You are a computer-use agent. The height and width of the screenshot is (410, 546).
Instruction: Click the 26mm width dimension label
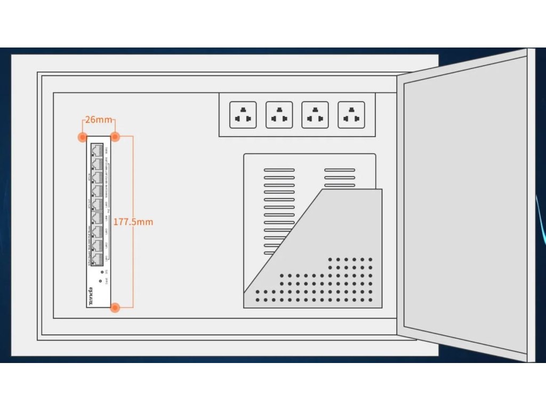coord(99,120)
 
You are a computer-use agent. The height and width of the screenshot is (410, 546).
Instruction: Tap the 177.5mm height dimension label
coord(133,221)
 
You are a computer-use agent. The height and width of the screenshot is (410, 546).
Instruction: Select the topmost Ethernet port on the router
coord(97,150)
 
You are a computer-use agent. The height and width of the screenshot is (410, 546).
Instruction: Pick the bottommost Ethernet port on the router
coord(97,259)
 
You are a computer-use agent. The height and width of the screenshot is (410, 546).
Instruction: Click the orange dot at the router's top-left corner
coord(82,137)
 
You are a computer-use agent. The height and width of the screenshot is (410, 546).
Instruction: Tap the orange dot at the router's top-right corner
coord(115,137)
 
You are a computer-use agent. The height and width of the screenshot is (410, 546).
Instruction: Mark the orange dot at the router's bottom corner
coord(115,307)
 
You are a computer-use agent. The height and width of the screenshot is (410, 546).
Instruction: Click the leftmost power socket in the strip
coord(243,115)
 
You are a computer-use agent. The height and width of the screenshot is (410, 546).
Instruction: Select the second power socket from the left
coord(279,115)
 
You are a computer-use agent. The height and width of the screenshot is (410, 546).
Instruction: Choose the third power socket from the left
coord(315,115)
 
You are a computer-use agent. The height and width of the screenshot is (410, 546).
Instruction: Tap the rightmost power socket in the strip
coord(351,115)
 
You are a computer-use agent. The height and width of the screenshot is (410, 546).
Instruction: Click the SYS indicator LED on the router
coord(101,271)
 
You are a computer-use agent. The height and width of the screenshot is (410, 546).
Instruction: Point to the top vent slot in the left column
coord(279,170)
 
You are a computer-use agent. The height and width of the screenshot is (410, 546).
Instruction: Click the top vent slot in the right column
coord(340,170)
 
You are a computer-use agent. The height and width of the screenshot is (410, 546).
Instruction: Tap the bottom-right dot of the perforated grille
coord(371,300)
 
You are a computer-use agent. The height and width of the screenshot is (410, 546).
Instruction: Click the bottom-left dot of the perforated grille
coord(258,300)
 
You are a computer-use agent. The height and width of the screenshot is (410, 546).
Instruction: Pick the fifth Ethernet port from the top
coord(97,204)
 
